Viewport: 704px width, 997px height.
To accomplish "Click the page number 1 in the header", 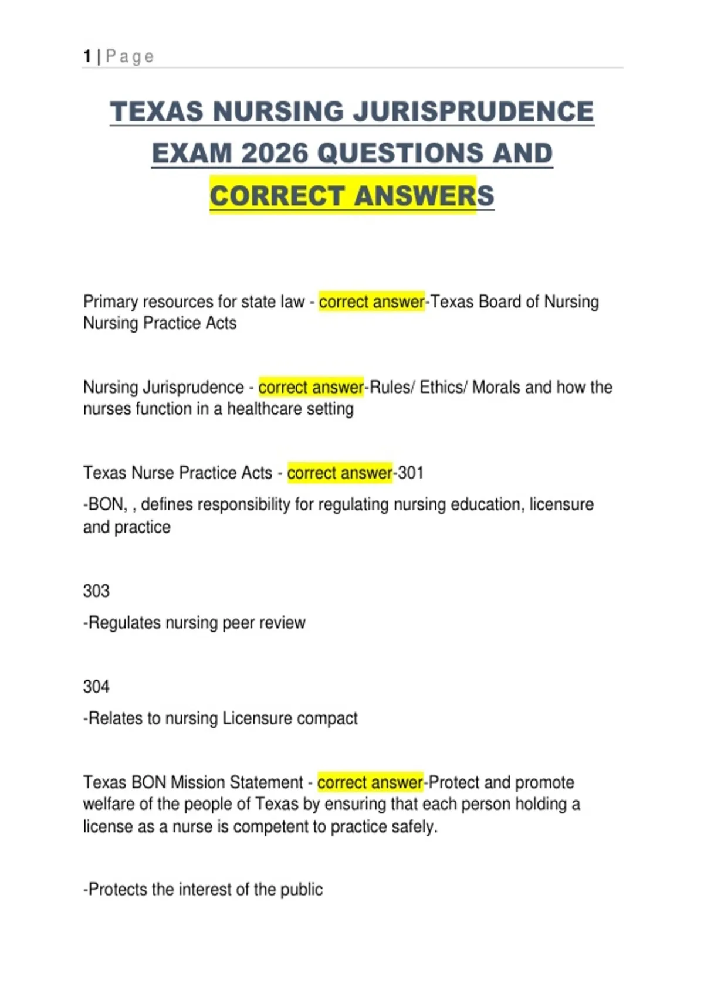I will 87,56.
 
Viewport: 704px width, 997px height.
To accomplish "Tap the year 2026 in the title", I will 274,154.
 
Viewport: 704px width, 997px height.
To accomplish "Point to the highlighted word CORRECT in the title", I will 277,196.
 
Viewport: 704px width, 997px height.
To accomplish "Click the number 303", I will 96,591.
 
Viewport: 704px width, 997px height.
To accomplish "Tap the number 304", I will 96,686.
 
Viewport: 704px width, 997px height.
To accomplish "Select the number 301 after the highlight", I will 411,473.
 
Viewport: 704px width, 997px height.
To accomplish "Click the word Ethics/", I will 443,387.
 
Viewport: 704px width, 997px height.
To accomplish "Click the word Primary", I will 111,302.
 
